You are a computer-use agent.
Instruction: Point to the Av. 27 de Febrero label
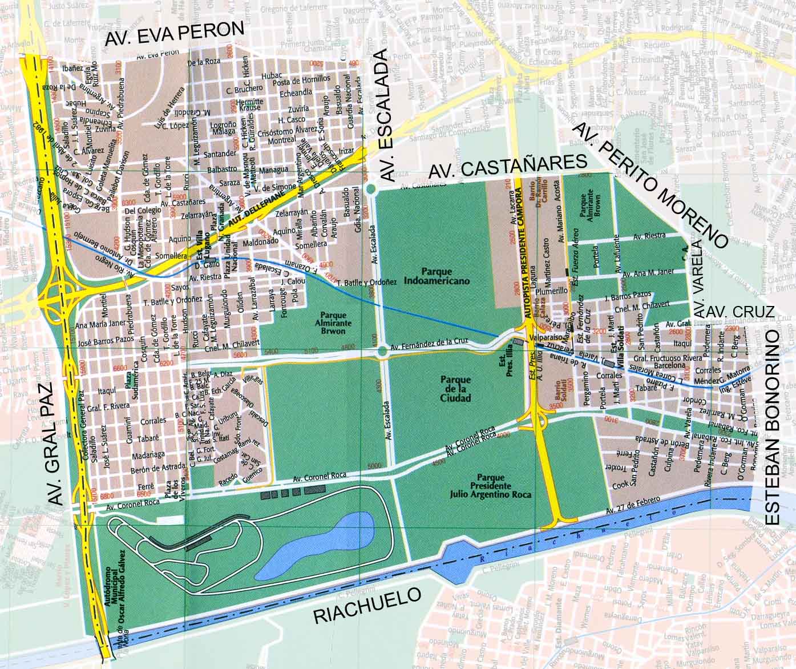[x=633, y=505]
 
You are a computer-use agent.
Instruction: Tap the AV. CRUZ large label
[x=740, y=312]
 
